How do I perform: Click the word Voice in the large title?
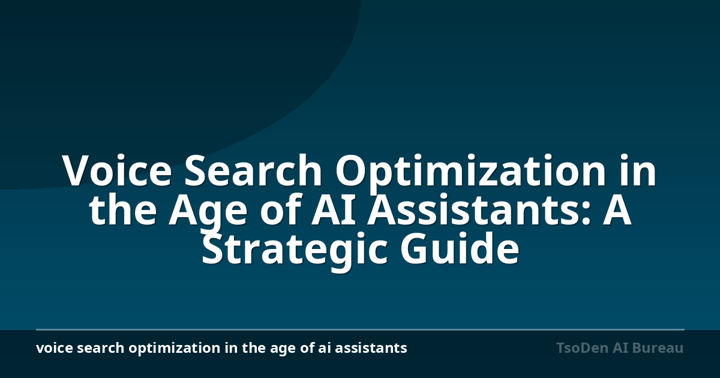tap(118, 170)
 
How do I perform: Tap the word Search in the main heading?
tap(253, 170)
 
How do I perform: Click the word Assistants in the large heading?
tap(473, 209)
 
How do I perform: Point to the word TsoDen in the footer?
tap(582, 348)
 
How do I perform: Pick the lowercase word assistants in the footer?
tap(371, 349)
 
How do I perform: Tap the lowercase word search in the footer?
tap(101, 348)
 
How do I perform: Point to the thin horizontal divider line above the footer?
tap(360, 329)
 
